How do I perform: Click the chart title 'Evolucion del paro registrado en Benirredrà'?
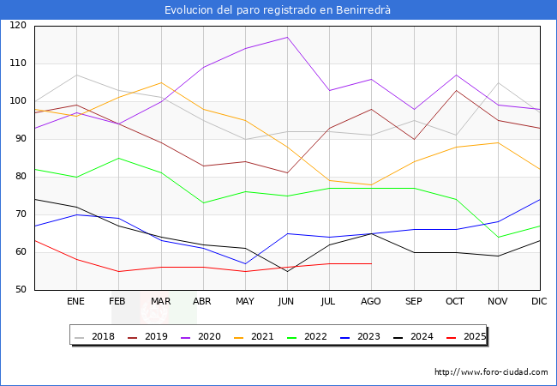tap(278, 9)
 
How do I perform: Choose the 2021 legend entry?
tap(262, 336)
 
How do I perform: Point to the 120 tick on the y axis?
tap(18, 26)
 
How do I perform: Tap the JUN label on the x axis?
tap(286, 301)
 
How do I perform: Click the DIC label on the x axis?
tap(539, 301)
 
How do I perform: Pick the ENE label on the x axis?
tap(76, 301)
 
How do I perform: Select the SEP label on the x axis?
tap(413, 301)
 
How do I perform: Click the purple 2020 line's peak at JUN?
tap(286, 37)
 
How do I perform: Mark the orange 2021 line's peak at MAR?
tap(160, 82)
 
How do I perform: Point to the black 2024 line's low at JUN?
tap(286, 271)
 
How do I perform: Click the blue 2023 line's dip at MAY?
tap(244, 263)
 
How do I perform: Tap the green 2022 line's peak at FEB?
tap(118, 158)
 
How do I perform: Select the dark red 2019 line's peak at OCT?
tap(455, 90)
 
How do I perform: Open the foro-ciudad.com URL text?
tap(491, 372)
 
